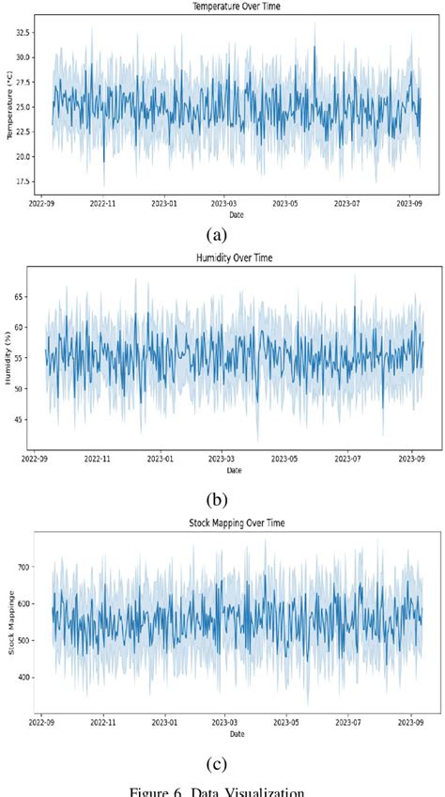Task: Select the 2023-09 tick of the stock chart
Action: click(409, 725)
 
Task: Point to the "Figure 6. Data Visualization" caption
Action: click(222, 790)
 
